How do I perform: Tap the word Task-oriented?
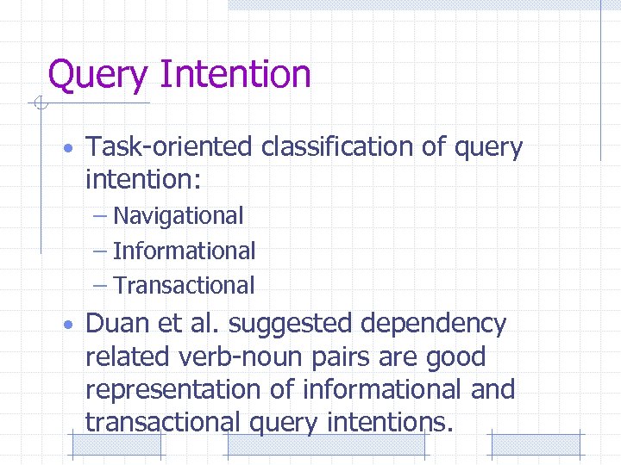pos(169,148)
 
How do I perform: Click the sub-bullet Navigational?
pos(179,215)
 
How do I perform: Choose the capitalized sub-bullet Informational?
pos(185,251)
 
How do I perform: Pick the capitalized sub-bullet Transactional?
pos(185,285)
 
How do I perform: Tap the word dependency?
pos(434,325)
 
